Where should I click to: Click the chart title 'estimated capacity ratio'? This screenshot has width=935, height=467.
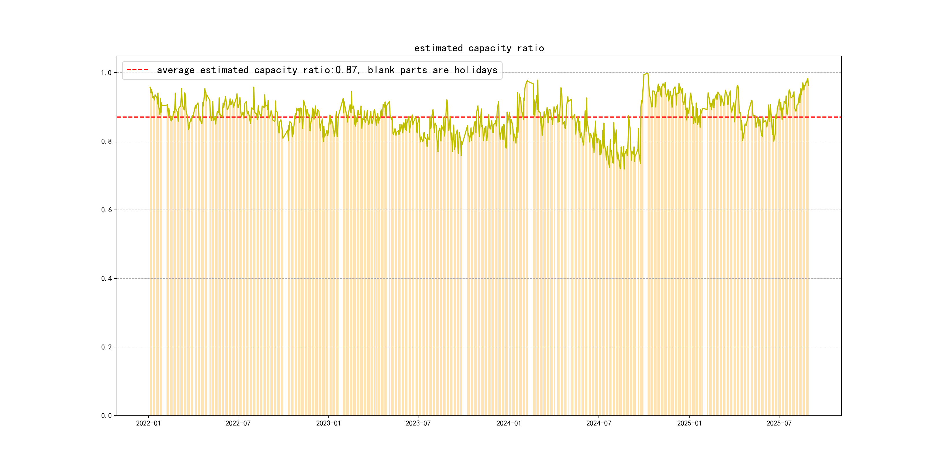click(479, 48)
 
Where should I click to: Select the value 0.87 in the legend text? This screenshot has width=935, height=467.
click(346, 70)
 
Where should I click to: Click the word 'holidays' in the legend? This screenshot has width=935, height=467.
click(476, 70)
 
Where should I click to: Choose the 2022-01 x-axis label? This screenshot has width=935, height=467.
click(148, 423)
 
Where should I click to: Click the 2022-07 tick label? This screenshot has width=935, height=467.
click(238, 423)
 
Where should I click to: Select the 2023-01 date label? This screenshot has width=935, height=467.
click(328, 423)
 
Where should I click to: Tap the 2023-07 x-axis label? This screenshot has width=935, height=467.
click(418, 423)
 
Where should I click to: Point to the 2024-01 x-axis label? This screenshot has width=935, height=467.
click(508, 423)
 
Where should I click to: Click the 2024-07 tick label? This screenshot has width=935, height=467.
click(599, 423)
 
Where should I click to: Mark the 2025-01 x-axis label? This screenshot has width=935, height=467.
click(689, 423)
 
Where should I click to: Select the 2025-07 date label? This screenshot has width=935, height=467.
click(779, 423)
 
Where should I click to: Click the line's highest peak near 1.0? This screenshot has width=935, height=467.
click(647, 73)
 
